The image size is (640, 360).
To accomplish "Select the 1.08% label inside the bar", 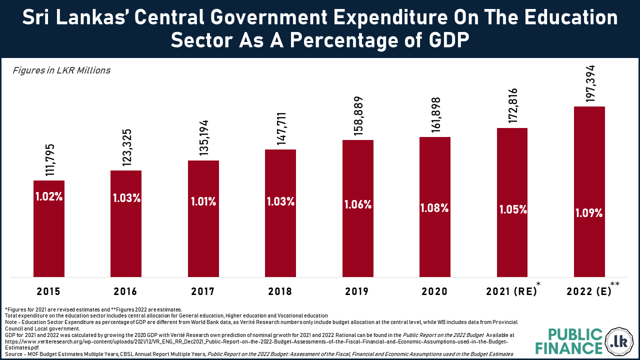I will coord(434,208).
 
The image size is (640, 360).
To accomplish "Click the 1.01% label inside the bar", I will coord(203,202).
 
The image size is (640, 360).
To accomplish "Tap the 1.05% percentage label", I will coord(513,210).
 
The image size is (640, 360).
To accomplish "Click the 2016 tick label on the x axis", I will coord(125,291).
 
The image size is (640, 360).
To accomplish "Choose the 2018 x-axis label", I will coord(280,291).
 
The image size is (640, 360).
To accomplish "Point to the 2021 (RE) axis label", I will coord(511,291).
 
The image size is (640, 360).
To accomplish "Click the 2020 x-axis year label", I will coord(434,291).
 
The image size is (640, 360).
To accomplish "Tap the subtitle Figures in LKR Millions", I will coord(61,70).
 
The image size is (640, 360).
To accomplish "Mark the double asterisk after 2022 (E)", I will coord(615,284).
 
